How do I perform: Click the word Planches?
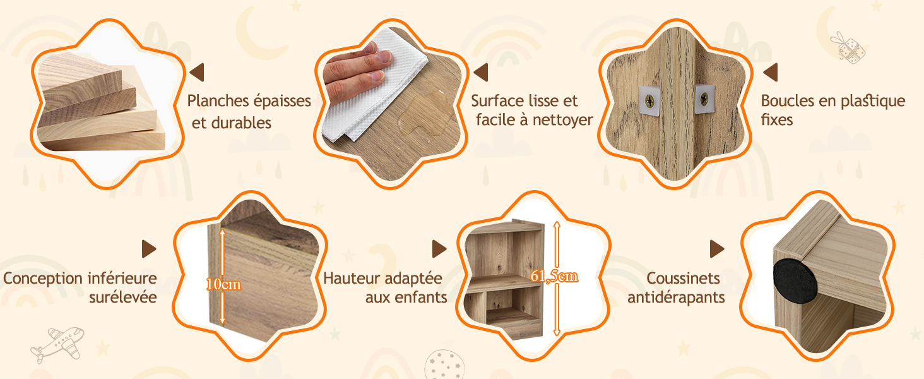218,101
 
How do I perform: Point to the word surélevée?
123,298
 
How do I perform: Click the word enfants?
421,298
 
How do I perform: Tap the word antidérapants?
676,298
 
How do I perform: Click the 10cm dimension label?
223,284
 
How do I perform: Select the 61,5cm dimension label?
554,276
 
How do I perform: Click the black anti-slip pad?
794,282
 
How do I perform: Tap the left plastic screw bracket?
649,100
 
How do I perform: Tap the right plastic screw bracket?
704,99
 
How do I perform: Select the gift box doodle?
848,48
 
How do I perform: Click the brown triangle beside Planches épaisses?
197,72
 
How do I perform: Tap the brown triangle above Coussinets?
717,249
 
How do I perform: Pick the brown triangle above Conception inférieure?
149,249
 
